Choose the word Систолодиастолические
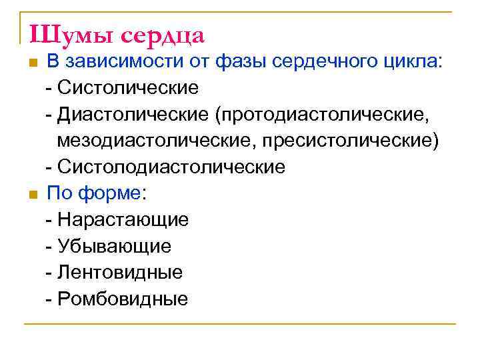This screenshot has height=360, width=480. pos(171,167)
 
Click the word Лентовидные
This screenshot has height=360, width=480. pos(120,273)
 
